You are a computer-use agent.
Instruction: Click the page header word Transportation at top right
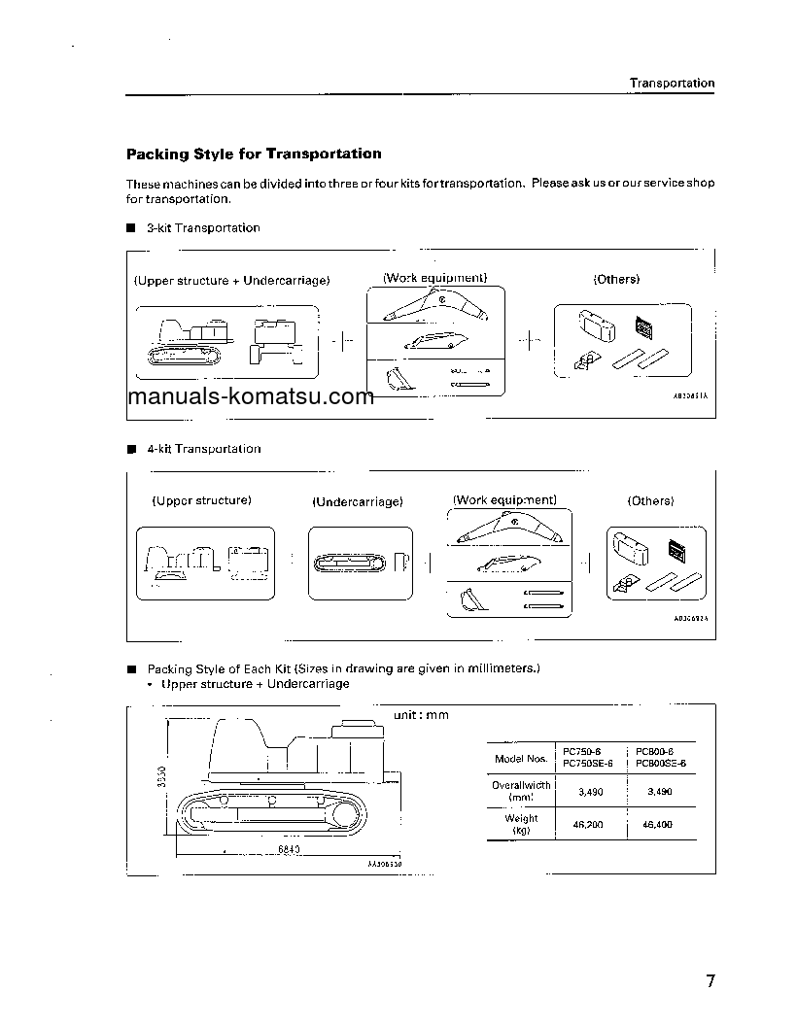(x=671, y=84)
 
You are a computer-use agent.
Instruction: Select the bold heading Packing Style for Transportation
(x=254, y=154)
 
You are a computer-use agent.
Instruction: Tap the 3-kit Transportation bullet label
(x=203, y=228)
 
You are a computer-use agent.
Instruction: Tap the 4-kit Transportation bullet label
(x=203, y=449)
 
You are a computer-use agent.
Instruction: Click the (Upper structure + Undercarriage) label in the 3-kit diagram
(x=231, y=281)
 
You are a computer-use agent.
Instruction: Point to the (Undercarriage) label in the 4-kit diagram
(x=357, y=502)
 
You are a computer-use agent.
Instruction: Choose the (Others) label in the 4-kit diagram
(x=650, y=501)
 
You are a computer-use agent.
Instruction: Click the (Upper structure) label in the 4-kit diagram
(x=201, y=501)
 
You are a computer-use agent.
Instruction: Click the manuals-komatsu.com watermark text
(x=251, y=396)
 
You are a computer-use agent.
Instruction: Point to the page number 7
(x=710, y=980)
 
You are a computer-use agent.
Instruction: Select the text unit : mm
(x=421, y=715)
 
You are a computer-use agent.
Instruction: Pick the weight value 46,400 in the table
(x=658, y=824)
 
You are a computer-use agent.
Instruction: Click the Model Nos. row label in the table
(x=520, y=758)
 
